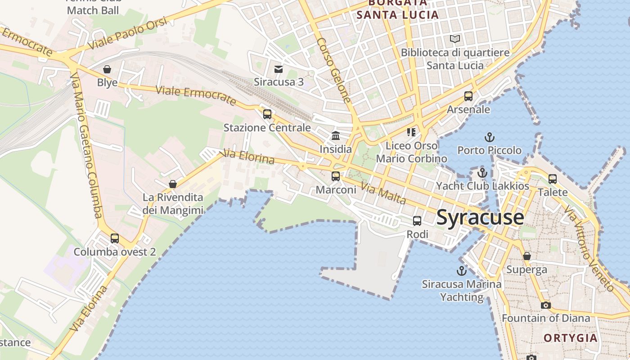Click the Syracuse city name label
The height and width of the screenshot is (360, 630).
point(480,217)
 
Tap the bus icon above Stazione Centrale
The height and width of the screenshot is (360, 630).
point(267,114)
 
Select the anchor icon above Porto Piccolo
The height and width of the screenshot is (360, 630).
point(489,137)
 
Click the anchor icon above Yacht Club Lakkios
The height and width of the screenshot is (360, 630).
point(482,172)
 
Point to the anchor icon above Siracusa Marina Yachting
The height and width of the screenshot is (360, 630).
point(461,270)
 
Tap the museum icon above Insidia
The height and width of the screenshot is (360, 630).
point(336,135)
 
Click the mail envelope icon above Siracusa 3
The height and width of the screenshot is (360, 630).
point(279,69)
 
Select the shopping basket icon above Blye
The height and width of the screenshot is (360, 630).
point(107,69)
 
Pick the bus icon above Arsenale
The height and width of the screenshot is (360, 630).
point(468,96)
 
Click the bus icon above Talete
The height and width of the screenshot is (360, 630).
point(553,179)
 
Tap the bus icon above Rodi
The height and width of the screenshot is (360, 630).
point(417,220)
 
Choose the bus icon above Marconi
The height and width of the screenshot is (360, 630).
point(336,176)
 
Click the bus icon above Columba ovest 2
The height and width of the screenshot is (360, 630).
point(115,238)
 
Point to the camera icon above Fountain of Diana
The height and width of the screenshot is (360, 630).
point(545,305)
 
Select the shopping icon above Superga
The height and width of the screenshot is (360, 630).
point(527,256)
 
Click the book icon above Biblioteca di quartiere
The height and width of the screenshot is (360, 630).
point(455,39)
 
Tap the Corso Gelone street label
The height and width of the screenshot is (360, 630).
point(333,70)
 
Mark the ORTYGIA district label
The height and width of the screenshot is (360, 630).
point(571,338)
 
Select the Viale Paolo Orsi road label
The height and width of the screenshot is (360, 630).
point(127,33)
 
